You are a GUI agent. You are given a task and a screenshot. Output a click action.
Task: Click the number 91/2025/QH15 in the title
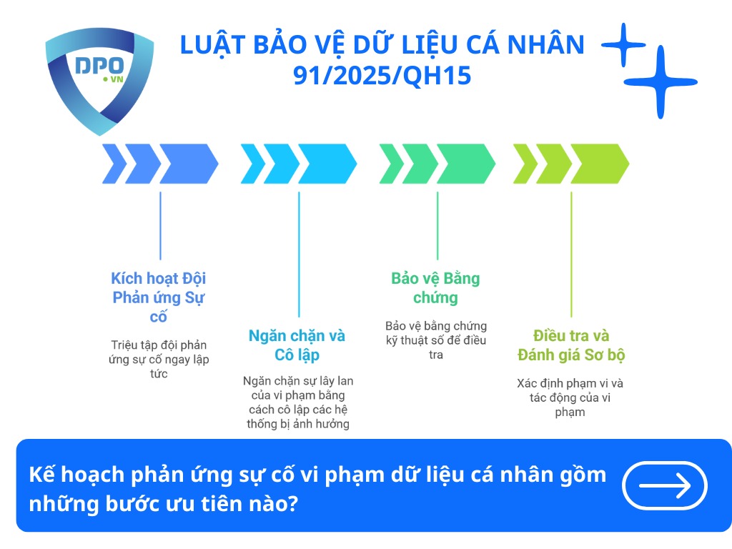click(382, 75)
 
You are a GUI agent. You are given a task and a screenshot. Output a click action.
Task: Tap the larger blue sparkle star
click(664, 82)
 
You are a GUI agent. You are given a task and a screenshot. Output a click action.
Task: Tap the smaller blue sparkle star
click(623, 45)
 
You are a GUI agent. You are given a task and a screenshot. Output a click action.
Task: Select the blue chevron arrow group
click(159, 164)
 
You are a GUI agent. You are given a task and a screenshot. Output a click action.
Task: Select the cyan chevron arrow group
click(298, 164)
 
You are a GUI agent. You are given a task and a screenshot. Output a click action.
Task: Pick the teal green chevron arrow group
click(437, 164)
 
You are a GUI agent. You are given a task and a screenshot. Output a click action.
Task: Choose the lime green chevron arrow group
click(571, 164)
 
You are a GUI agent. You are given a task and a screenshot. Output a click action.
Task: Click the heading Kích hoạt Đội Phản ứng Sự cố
click(159, 297)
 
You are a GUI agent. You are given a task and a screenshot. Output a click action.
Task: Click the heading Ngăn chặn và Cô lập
click(297, 345)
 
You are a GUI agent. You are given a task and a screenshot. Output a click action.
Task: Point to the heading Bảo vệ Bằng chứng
click(435, 287)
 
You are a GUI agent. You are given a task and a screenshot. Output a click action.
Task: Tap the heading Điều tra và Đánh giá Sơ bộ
click(570, 345)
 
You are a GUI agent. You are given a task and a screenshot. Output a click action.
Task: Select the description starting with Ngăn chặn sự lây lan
click(298, 402)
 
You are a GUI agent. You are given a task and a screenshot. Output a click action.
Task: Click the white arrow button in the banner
click(665, 485)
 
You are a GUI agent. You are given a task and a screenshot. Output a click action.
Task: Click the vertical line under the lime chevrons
click(571, 254)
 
